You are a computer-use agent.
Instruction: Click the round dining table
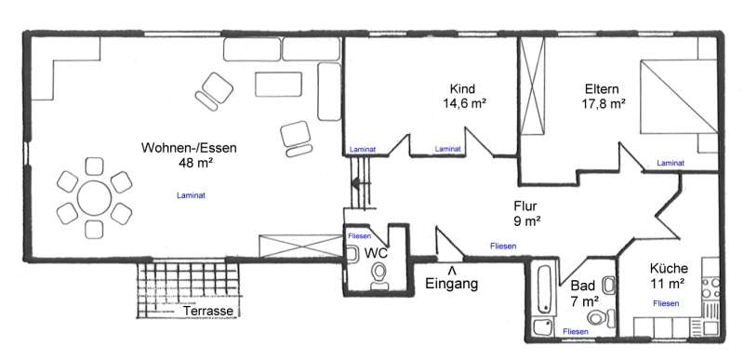pyautogui.click(x=95, y=198)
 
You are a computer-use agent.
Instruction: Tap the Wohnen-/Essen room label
pyautogui.click(x=189, y=148)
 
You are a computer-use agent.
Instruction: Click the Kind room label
pyautogui.click(x=462, y=88)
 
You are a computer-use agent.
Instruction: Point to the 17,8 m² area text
pyautogui.click(x=603, y=103)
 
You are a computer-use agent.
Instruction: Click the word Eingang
pyautogui.click(x=451, y=284)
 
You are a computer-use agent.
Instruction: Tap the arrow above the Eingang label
pyautogui.click(x=452, y=271)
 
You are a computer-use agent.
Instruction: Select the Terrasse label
pyautogui.click(x=208, y=311)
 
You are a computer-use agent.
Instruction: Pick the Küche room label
pyautogui.click(x=669, y=269)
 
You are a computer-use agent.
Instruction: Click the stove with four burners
pyautogui.click(x=711, y=287)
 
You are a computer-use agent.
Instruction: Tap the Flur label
pyautogui.click(x=525, y=207)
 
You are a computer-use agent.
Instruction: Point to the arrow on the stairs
pyautogui.click(x=360, y=181)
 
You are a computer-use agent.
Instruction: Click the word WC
pyautogui.click(x=376, y=253)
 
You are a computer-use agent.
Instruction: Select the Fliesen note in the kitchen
pyautogui.click(x=666, y=303)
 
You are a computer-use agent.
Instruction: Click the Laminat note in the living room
pyautogui.click(x=191, y=195)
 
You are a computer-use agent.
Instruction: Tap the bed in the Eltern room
pyautogui.click(x=679, y=96)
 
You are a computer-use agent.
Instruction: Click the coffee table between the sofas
pyautogui.click(x=278, y=85)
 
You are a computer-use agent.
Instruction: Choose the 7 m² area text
pyautogui.click(x=583, y=300)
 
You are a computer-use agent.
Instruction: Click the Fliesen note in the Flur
pyautogui.click(x=503, y=247)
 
